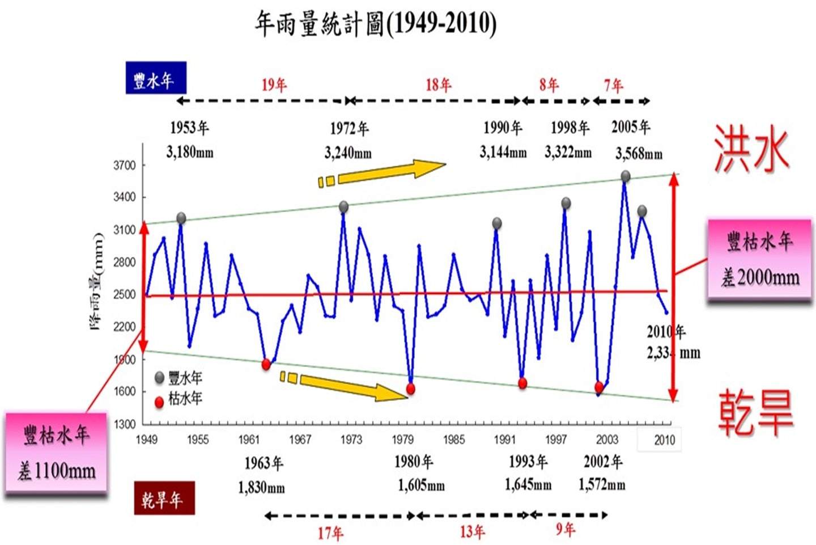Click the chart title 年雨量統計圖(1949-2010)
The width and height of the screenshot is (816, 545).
pos(375,24)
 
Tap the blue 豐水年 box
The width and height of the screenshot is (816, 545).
pos(155,78)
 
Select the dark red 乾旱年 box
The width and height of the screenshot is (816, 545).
pos(164,498)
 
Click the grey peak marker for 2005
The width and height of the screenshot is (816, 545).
pos(625,176)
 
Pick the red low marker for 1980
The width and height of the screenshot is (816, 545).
pos(410,389)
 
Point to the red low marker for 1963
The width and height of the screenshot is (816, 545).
pos(266,364)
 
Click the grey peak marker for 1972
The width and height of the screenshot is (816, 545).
pos(343,207)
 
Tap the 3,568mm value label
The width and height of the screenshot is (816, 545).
pos(639,154)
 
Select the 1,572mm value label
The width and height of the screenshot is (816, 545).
pos(602,485)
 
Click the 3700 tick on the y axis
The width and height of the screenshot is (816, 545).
pos(125,166)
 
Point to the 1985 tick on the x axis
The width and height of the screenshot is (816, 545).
pos(454,440)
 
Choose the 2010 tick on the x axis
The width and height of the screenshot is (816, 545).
pos(664,440)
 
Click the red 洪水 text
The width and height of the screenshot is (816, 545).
pos(751,149)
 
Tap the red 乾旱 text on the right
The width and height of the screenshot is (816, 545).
pos(755,412)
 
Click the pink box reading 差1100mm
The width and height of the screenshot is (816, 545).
pos(56,454)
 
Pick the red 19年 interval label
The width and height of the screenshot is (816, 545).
pos(274,85)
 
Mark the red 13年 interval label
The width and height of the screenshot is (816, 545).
pos(472,531)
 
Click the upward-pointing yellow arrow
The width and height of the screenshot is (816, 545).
pos(383,172)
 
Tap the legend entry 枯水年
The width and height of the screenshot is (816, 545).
pos(179,399)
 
